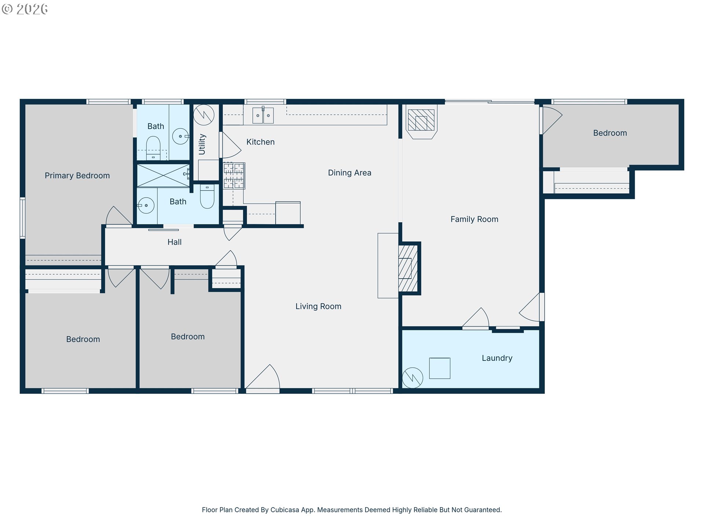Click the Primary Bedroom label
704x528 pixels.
click(77, 176)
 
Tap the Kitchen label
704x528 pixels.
click(260, 142)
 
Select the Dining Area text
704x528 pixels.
click(349, 173)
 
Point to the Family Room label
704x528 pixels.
click(474, 219)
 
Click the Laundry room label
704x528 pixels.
click(497, 358)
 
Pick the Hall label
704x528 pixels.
click(175, 242)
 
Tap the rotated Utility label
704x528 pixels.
click(202, 144)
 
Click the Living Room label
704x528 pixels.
click(318, 306)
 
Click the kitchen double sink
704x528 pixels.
click(263, 115)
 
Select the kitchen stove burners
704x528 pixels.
click(234, 176)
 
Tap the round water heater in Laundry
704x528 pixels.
click(412, 378)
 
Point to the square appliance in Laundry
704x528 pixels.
click(440, 368)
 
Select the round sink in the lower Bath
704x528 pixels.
click(146, 205)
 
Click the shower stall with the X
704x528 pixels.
click(164, 176)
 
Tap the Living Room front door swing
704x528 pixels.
click(263, 377)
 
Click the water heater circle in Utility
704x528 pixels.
click(204, 115)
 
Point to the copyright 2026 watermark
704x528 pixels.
click(25, 9)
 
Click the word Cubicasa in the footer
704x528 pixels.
click(285, 510)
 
